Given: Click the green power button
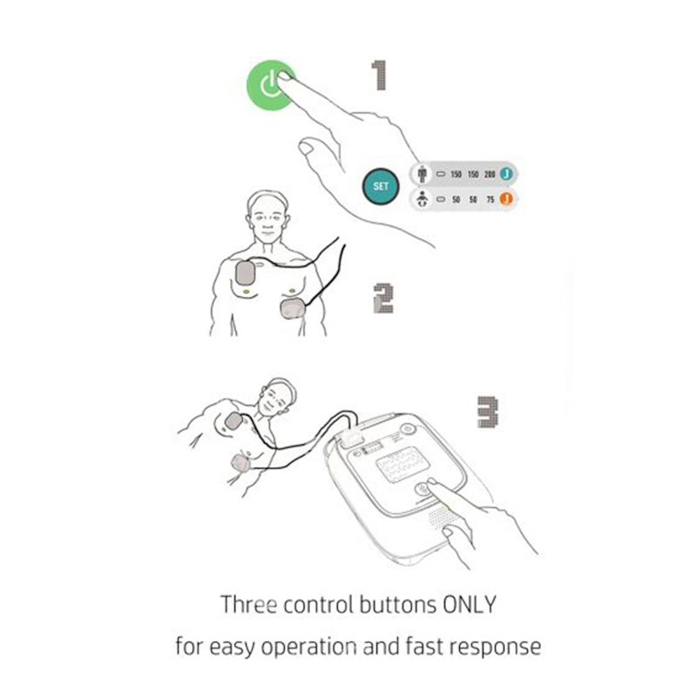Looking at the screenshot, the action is click(270, 85).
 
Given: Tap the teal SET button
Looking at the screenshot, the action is click(381, 186).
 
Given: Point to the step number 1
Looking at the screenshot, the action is click(380, 76).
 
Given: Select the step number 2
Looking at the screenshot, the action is click(383, 299).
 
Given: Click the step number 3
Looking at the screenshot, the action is click(488, 412).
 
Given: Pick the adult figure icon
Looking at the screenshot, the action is click(423, 173).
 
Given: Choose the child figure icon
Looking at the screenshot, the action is click(423, 200).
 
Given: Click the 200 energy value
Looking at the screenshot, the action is click(490, 174).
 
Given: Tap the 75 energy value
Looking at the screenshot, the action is click(490, 200).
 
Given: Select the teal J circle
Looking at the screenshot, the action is click(506, 173).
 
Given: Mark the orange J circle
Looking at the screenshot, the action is click(506, 199).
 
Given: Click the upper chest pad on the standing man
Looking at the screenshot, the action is click(245, 273).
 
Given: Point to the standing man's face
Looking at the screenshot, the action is click(267, 221).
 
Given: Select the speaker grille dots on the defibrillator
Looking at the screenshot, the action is click(440, 517).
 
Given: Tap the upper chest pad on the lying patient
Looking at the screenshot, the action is click(233, 421).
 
